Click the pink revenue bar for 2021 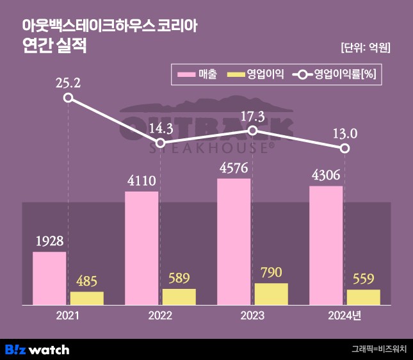[x=49, y=278]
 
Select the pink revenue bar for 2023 [x=234, y=241]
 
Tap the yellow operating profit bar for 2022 [x=179, y=297]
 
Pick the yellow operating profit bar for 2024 [x=363, y=297]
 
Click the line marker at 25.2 [x=69, y=98]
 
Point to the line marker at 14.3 [x=161, y=143]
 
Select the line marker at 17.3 [x=252, y=131]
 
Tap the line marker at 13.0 [x=345, y=149]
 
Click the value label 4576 [x=234, y=170]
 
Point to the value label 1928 [x=49, y=243]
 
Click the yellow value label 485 [x=86, y=282]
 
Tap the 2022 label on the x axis [x=160, y=315]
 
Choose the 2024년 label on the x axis [x=344, y=315]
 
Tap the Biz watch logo [x=37, y=349]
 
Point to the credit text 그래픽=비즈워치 [x=378, y=350]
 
